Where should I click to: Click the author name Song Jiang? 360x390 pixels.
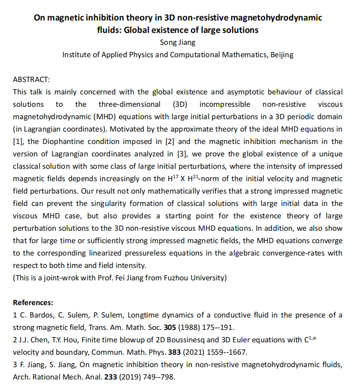tap(177, 42)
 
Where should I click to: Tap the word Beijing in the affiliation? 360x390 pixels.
tap(282, 54)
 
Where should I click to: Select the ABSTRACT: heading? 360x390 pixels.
tap(31, 79)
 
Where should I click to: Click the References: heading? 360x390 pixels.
tap(33, 302)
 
